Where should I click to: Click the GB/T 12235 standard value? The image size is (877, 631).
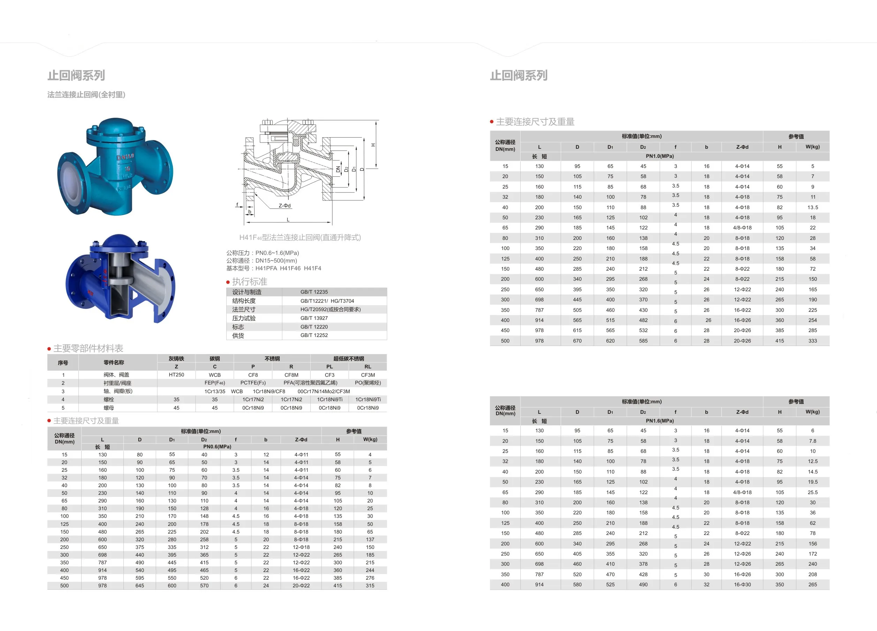point(314,292)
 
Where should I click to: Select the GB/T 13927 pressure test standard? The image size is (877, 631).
point(314,318)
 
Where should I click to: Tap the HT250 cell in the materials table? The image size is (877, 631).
point(176,375)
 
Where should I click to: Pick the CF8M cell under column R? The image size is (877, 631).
point(291,375)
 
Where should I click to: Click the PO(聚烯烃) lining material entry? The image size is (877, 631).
point(368,383)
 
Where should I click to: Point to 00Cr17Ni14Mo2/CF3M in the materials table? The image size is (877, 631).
point(324,391)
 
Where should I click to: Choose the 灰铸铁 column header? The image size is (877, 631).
point(176,359)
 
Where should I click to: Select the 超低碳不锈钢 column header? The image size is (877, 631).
point(348,359)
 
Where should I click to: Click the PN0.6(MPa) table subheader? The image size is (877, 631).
point(217,446)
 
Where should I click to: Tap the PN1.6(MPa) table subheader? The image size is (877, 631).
point(660,421)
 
